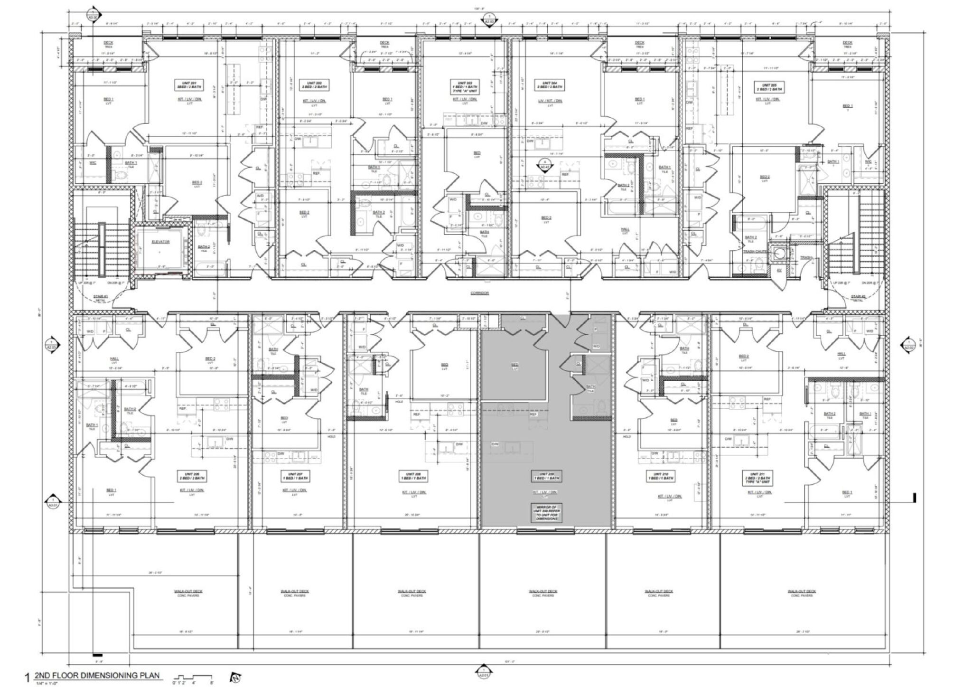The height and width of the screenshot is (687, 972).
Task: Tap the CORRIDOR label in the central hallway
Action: pos(479,293)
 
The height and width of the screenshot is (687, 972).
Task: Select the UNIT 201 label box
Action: pos(184,85)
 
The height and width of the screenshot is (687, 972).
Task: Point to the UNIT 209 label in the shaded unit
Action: pos(546,476)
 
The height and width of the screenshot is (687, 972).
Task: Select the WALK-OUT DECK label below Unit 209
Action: pos(542,593)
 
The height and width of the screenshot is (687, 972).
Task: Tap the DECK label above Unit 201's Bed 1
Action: pos(108,44)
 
